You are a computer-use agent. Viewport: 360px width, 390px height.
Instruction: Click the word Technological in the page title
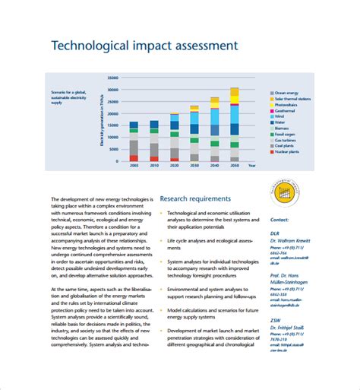click(90, 46)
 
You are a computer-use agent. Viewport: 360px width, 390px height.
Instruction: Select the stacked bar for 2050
click(234, 125)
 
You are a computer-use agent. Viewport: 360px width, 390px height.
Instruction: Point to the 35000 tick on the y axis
click(114, 78)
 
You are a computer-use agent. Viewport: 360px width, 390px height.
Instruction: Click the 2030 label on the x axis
click(194, 165)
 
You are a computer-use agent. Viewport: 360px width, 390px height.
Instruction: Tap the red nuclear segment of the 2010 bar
click(154, 158)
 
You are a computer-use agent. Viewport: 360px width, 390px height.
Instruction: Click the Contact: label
click(279, 219)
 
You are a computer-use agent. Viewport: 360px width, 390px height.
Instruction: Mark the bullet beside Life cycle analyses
click(161, 241)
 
